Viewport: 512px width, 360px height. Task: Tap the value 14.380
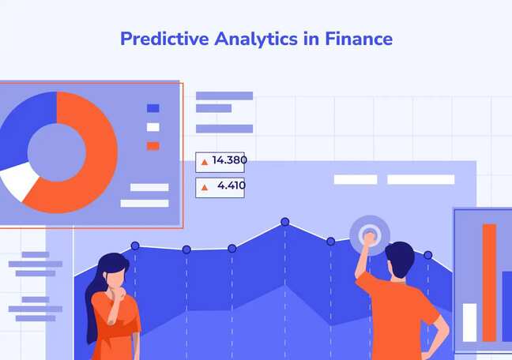coord(229,161)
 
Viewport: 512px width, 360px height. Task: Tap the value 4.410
coord(232,186)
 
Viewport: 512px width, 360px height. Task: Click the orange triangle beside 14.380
coord(205,162)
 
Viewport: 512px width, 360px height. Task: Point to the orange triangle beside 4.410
coord(205,187)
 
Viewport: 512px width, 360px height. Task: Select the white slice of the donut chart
coord(19,181)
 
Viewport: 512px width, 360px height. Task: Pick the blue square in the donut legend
coord(152,108)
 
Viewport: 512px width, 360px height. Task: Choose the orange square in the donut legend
coord(152,145)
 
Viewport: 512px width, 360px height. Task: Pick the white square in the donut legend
coord(152,127)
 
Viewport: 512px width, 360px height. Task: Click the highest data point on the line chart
coord(284,222)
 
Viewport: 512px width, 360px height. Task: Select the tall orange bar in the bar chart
coord(489,281)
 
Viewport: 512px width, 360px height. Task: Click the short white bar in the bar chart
coord(469,321)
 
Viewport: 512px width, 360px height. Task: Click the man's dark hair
coord(399,259)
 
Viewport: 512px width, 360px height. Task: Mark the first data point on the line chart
coord(135,246)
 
